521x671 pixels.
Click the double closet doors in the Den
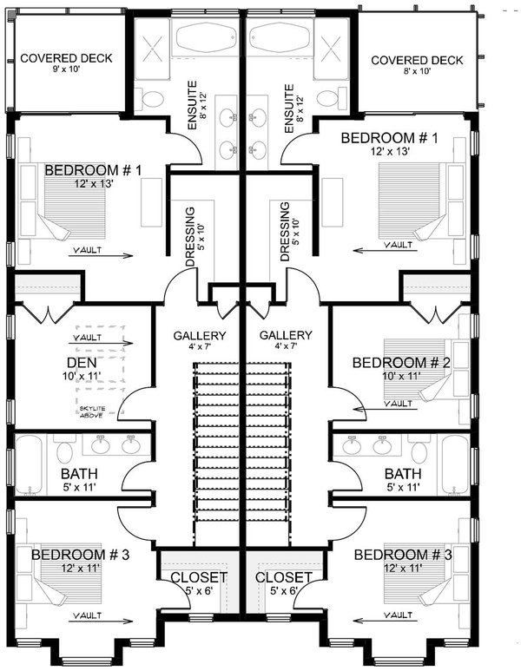click(44, 312)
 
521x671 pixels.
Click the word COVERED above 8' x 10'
click(399, 61)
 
